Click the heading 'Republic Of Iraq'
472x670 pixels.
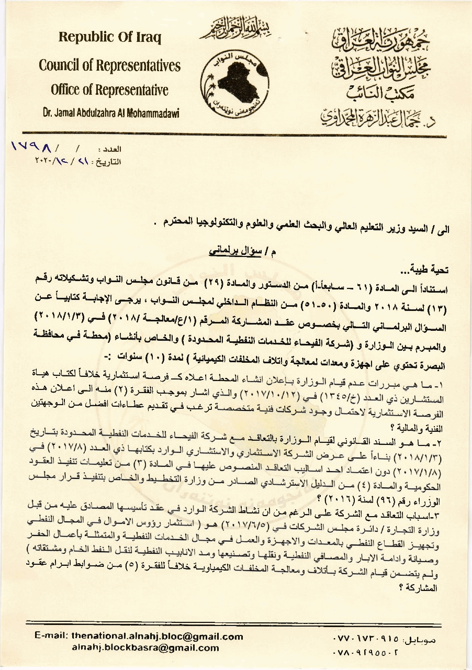[x=109, y=38]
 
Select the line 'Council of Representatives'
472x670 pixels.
[x=109, y=65]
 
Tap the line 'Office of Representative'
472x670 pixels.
[x=109, y=90]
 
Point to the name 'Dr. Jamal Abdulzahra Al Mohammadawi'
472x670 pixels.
[x=109, y=111]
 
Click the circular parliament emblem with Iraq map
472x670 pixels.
[x=234, y=81]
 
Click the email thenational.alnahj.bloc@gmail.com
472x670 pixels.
[x=157, y=636]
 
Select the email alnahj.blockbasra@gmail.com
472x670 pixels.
[x=145, y=648]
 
